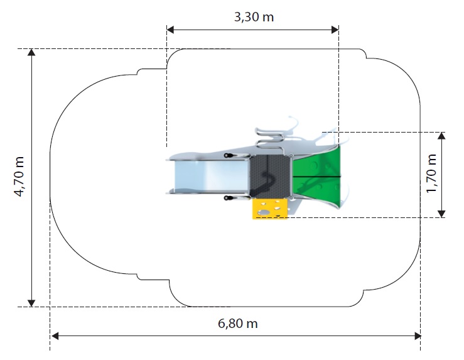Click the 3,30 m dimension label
point(254,17)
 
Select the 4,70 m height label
point(19,177)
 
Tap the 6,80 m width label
point(237,324)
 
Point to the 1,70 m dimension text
point(431,173)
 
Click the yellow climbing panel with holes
point(269,209)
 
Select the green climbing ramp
point(316,177)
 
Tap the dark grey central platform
point(269,176)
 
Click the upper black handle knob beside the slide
point(227,155)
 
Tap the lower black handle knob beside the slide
point(227,198)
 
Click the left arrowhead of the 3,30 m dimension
point(170,30)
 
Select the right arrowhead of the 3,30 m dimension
point(335,30)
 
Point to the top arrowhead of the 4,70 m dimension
point(31,52)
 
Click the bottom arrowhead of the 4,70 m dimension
point(31,303)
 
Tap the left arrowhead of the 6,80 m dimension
point(55,336)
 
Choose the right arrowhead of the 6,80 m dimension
point(418,336)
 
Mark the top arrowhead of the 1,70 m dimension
point(441,136)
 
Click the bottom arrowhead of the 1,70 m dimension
point(441,214)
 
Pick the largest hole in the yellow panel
point(263,212)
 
